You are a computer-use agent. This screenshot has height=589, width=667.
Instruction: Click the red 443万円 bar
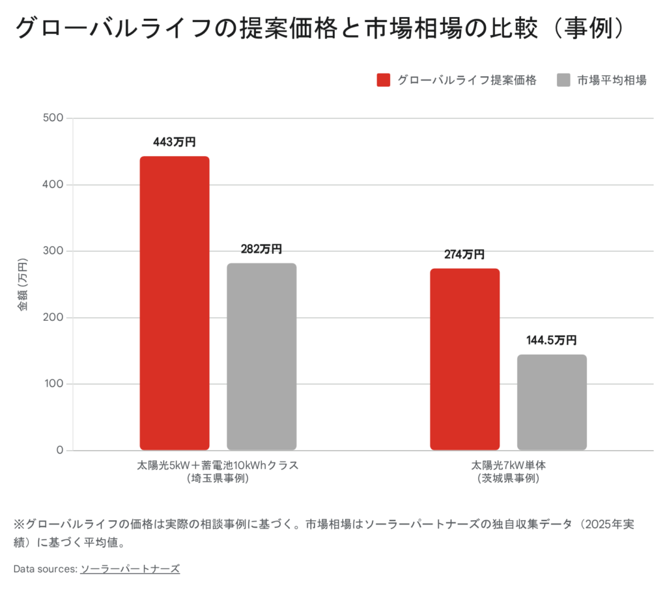click(175, 303)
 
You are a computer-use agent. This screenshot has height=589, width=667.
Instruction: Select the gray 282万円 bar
click(261, 356)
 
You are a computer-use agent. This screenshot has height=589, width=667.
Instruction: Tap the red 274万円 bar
click(464, 359)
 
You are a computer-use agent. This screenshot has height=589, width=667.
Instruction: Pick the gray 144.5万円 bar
click(552, 402)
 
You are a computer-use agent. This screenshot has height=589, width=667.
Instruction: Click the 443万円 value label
click(175, 143)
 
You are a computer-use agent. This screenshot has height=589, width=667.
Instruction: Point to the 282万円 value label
click(261, 249)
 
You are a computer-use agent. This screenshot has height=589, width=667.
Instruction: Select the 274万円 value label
click(464, 254)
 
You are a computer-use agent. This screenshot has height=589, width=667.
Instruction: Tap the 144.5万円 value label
click(552, 340)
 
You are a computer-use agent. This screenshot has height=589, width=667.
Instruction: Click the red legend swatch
click(384, 80)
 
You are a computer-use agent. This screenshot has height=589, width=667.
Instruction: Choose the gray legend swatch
click(564, 80)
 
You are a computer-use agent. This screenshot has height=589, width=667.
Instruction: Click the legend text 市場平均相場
click(612, 80)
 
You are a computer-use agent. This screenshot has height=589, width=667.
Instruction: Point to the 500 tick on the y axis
click(53, 118)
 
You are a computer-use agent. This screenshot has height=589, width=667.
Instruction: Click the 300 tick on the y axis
click(53, 251)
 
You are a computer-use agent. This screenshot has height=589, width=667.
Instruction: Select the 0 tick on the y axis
click(59, 450)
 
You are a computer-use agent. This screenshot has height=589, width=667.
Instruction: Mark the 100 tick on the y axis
click(53, 384)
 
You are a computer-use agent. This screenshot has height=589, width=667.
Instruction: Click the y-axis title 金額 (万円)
click(23, 284)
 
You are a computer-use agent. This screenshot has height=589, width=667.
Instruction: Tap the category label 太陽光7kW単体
click(507, 466)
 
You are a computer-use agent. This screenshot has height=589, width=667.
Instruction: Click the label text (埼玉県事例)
click(218, 478)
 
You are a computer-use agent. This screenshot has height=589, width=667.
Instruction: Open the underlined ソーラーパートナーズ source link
click(130, 569)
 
